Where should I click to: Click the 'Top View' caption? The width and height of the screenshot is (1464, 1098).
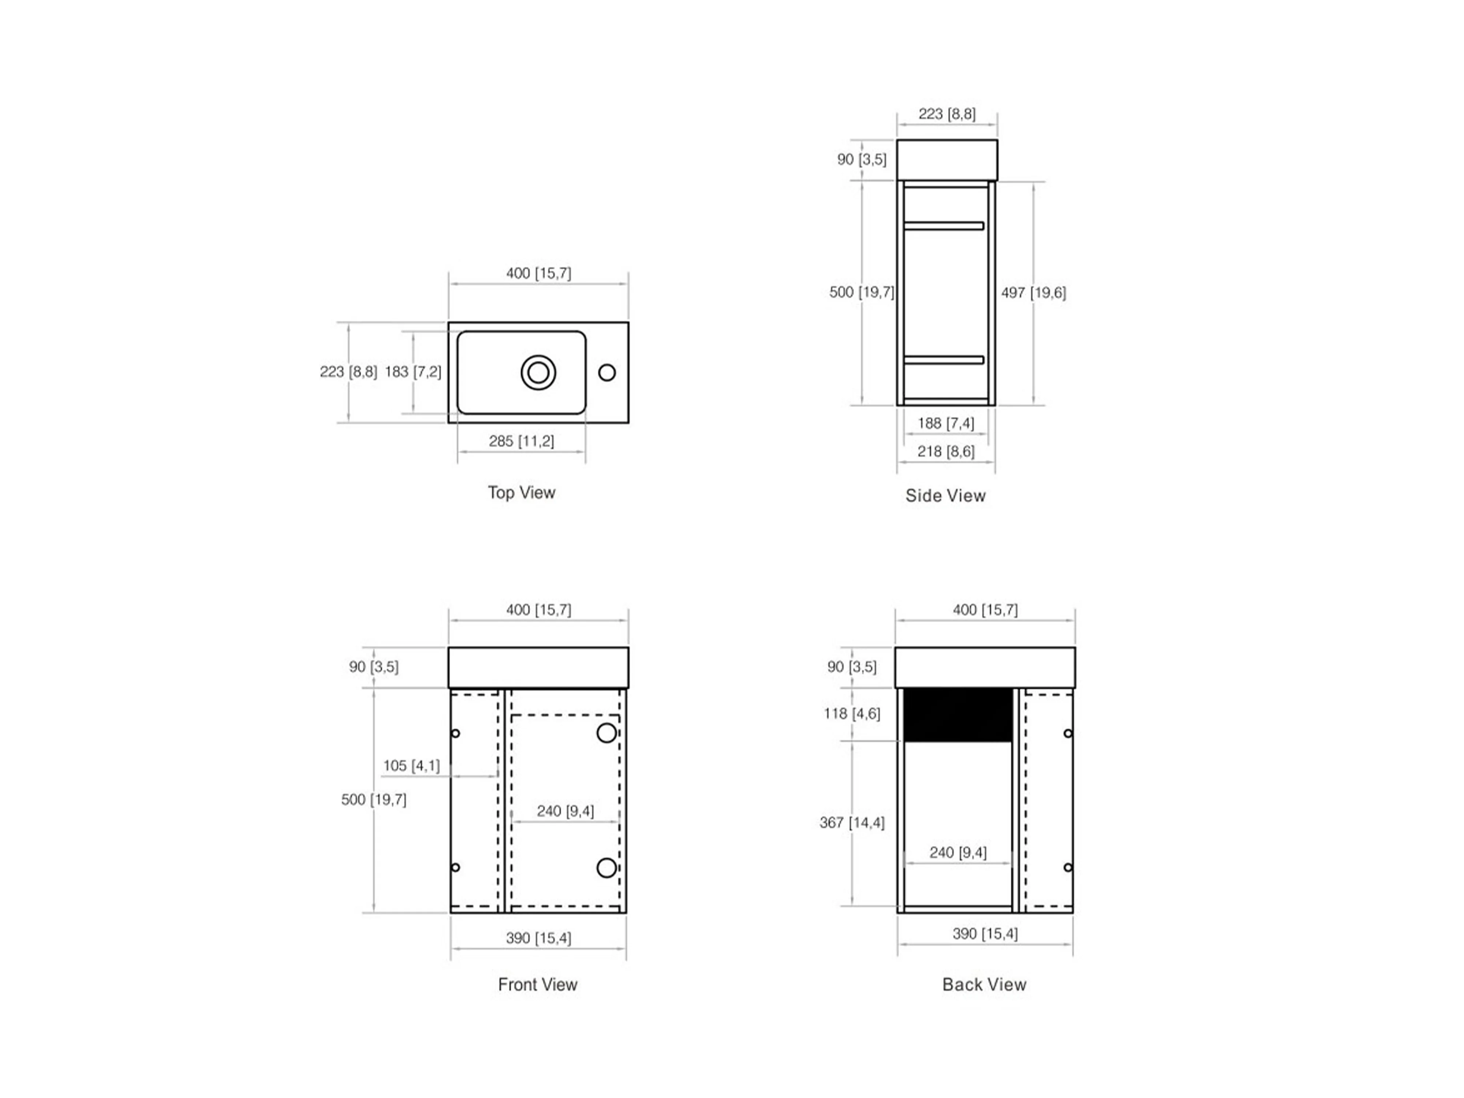(522, 492)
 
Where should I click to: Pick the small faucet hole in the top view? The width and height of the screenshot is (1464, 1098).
(607, 373)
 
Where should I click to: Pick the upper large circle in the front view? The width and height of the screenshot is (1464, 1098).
(607, 733)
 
